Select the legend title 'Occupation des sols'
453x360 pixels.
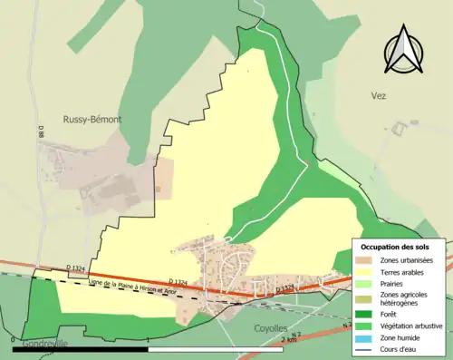pos(395,247)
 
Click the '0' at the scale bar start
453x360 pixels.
pos(14,339)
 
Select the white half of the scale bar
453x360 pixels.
pos(216,348)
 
